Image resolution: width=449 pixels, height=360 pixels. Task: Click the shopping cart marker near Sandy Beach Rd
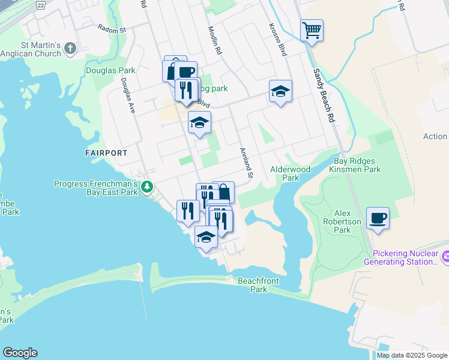[x=312, y=30]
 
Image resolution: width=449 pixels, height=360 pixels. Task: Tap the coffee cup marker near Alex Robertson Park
[x=378, y=218]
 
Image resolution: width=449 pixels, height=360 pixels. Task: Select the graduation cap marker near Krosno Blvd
[x=280, y=92]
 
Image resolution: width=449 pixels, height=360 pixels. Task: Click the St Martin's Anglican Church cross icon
[x=71, y=49]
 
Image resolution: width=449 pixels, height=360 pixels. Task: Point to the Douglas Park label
[x=110, y=70]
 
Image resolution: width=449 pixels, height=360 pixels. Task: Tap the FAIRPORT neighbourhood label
[x=106, y=153]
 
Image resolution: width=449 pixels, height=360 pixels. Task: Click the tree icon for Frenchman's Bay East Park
[x=147, y=188]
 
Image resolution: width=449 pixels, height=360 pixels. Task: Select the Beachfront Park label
[x=259, y=285]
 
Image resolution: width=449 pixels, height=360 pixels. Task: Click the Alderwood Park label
[x=291, y=173]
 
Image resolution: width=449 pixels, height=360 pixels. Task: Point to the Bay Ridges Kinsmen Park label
[x=355, y=166]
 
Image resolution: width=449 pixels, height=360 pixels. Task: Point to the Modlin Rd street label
[x=215, y=41]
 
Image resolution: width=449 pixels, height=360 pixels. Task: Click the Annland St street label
[x=247, y=163]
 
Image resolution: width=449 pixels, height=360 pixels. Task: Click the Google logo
[x=20, y=353]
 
